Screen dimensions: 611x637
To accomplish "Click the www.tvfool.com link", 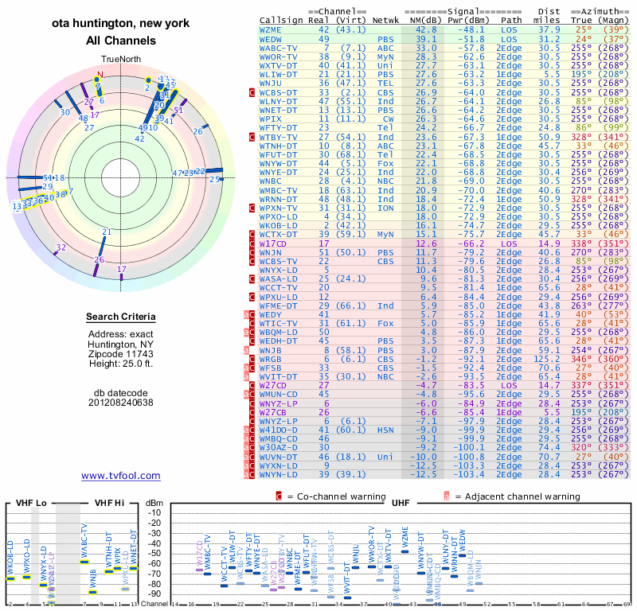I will click(120, 476).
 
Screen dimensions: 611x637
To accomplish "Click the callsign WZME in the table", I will click(271, 29).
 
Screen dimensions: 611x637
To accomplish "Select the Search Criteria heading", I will click(121, 317).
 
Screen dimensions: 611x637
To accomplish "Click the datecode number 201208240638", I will click(121, 403).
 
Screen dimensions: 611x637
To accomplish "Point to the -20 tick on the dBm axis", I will click(155, 523).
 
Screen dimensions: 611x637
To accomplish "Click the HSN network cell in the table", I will click(385, 429).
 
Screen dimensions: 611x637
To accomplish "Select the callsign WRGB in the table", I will click(271, 359).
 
